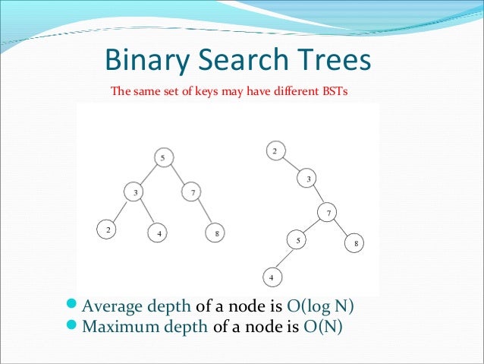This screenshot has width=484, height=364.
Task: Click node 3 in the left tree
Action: (x=136, y=193)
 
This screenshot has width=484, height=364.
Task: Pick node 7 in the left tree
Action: (x=193, y=193)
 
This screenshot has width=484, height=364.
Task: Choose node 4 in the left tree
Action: (x=159, y=233)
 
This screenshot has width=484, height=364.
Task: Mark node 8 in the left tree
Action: (x=216, y=233)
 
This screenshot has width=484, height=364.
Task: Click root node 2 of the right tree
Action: (x=275, y=150)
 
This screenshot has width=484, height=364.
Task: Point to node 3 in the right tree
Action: (x=309, y=179)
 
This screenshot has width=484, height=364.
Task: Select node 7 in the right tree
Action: (x=328, y=214)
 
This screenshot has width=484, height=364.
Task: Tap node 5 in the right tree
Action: (x=299, y=241)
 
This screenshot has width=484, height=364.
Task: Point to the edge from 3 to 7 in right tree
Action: (x=319, y=196)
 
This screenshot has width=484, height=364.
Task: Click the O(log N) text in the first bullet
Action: (x=321, y=307)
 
